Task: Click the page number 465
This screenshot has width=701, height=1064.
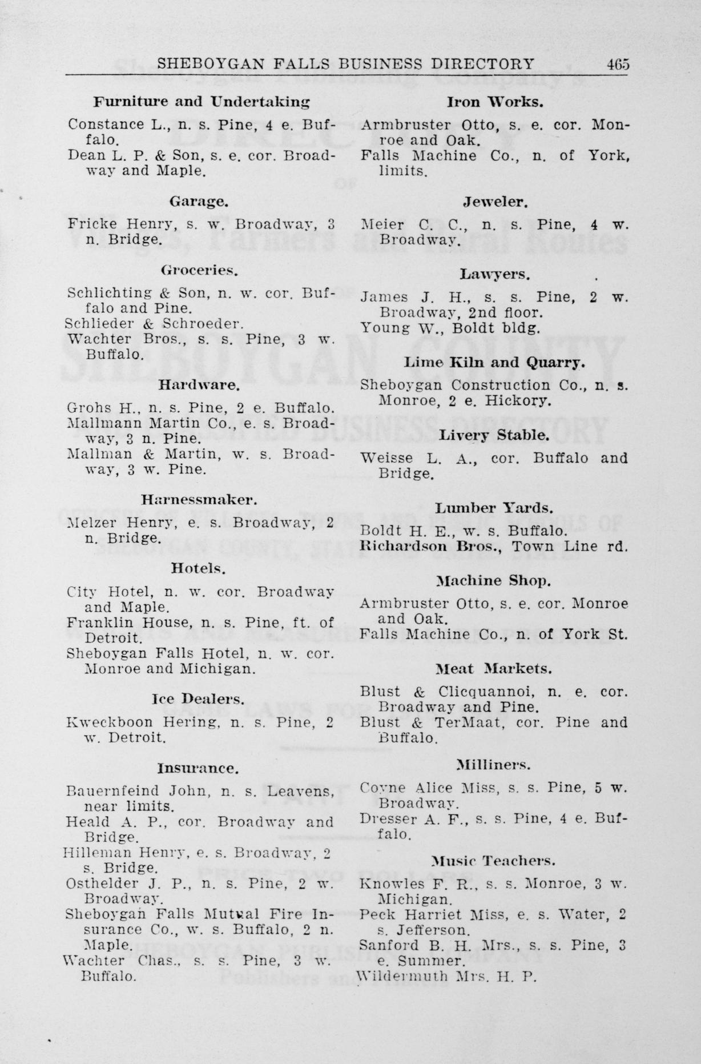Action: click(x=618, y=63)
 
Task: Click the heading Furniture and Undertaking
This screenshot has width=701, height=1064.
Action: click(x=202, y=102)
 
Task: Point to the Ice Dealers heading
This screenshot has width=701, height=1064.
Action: click(x=199, y=699)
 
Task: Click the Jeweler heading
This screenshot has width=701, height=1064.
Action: click(x=495, y=202)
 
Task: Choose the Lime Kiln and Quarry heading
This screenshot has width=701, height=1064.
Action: click(x=494, y=363)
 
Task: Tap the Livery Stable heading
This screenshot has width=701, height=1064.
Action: click(x=494, y=435)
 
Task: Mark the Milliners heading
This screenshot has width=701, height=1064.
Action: click(x=494, y=764)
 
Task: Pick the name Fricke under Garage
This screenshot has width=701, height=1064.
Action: click(x=86, y=224)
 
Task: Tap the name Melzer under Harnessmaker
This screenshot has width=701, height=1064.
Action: click(x=86, y=523)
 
